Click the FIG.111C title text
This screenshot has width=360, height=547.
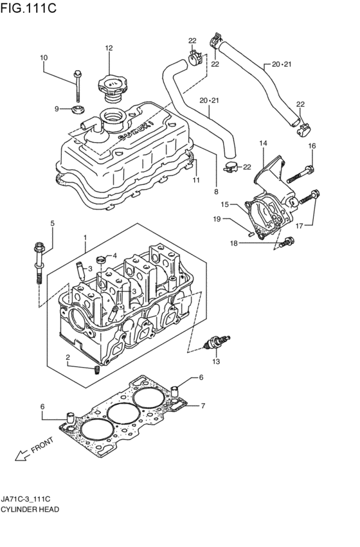coord(28,8)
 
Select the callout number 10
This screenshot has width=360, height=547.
coord(44,58)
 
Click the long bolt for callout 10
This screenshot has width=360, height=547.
coord(77,86)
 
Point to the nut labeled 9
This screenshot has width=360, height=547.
coord(76,109)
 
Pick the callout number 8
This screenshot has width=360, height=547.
coord(216,191)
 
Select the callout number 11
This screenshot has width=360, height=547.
coord(197,180)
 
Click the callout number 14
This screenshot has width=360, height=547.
coord(263,143)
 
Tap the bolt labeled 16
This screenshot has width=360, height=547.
coord(300,175)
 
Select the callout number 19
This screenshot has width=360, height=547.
coord(217,219)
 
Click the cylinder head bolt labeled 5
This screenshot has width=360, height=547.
coord(39,262)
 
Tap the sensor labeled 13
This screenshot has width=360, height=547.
coord(217,342)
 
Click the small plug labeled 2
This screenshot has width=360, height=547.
coord(97,370)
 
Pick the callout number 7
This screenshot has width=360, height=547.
coord(203,406)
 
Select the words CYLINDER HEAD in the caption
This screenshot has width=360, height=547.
coord(30,510)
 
